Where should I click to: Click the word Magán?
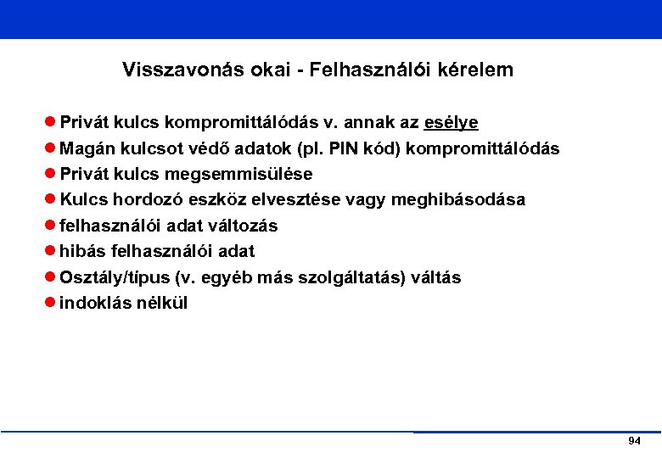coord(86,148)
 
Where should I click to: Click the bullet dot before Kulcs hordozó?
coord(51,200)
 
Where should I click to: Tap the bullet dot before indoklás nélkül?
coord(51,303)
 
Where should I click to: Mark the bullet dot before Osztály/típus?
coord(51,277)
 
